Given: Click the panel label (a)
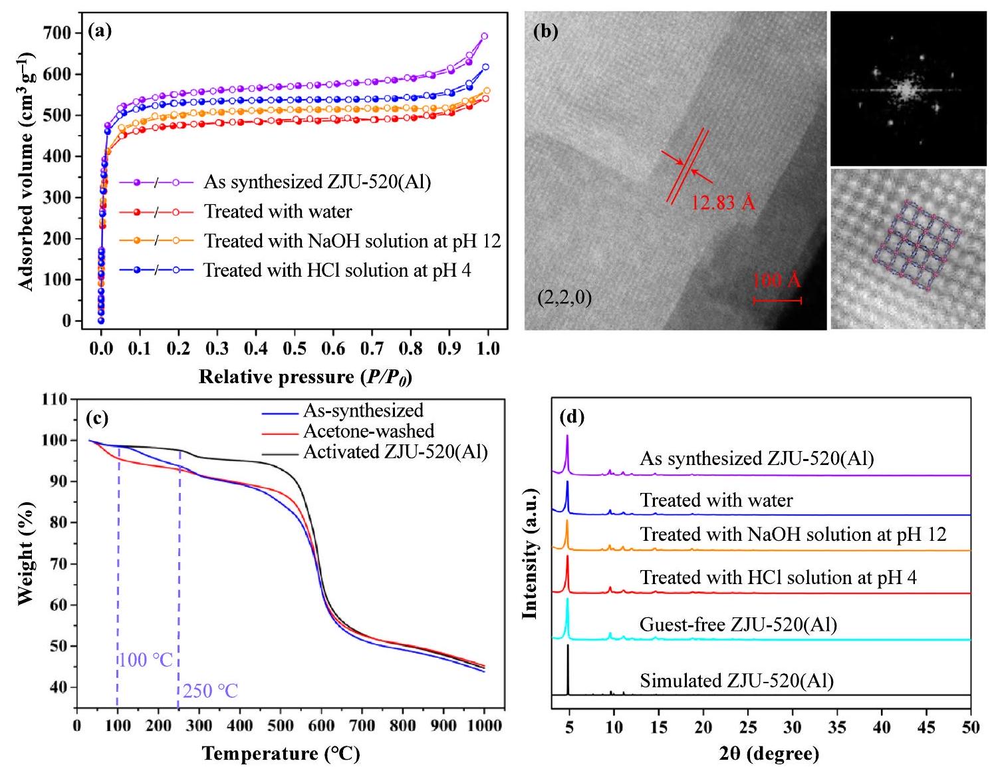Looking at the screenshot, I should point(100,31).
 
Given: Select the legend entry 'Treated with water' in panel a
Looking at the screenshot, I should point(278,212).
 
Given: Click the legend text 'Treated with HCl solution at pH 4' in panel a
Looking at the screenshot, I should point(337,271).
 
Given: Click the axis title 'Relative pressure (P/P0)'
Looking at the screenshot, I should point(305,377).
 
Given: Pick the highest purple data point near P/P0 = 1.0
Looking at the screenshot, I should point(484,37).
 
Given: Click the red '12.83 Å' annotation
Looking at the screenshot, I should point(723,202).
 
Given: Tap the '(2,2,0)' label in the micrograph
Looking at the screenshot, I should point(564,297).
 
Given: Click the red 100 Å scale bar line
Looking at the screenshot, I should point(777,301).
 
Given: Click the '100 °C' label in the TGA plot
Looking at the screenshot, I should point(146,660).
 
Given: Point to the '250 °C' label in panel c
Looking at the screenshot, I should point(210,691).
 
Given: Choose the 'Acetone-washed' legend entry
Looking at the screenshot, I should point(368,431).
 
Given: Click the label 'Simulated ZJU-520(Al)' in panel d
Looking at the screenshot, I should point(737,681).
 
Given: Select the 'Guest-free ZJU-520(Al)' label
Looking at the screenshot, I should point(738,625).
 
